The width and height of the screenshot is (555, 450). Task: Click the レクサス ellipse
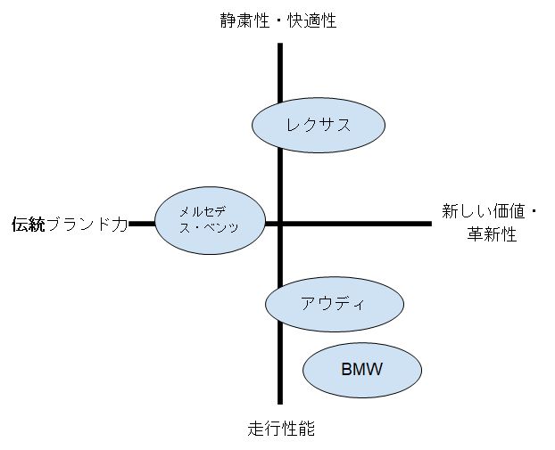click(x=319, y=124)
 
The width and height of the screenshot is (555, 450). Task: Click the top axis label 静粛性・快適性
click(x=278, y=20)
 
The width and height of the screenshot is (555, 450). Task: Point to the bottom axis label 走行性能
click(x=281, y=429)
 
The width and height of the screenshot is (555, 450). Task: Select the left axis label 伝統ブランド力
click(x=70, y=224)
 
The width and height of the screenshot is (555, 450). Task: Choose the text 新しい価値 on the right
click(x=481, y=212)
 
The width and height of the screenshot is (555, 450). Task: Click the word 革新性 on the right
click(x=492, y=235)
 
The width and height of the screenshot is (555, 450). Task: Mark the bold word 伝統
click(x=28, y=224)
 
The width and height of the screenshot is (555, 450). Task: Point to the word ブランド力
click(x=87, y=224)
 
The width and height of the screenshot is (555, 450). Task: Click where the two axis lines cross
click(x=280, y=224)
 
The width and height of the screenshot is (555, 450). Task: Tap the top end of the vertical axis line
click(x=280, y=44)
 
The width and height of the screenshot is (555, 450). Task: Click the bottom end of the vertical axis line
click(x=280, y=403)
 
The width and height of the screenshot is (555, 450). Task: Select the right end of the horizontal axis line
click(x=430, y=224)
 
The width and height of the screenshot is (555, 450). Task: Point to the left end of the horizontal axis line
click(x=130, y=224)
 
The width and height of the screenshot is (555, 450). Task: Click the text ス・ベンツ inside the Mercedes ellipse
click(x=209, y=228)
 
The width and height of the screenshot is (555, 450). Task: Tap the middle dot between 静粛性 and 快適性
click(x=278, y=20)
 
